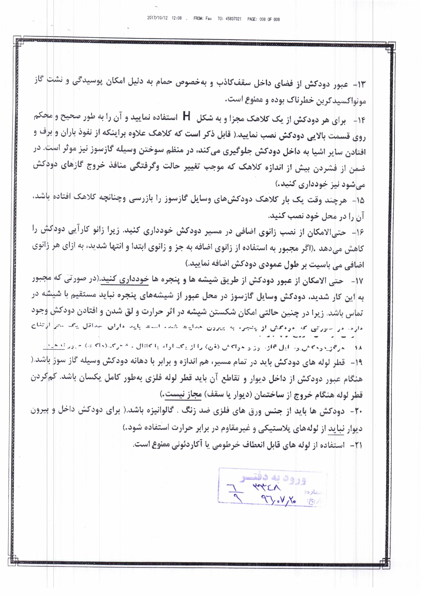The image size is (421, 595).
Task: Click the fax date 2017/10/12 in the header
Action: [x=157, y=18]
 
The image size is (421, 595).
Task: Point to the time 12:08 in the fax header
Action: [x=176, y=18]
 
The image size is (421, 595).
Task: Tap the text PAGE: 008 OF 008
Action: [x=263, y=19]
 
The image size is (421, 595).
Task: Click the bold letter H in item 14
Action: [x=186, y=116]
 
